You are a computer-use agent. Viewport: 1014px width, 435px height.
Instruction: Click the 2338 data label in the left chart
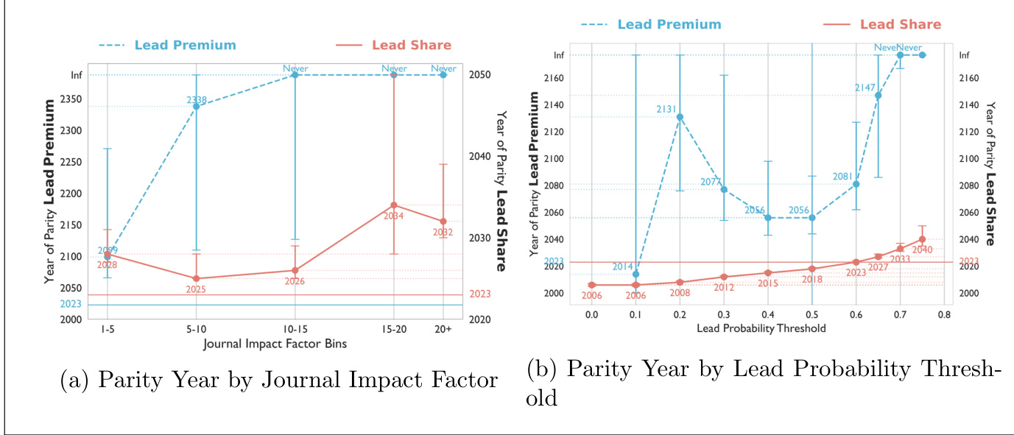coord(196,99)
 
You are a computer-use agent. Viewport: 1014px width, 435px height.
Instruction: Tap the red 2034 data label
coord(394,216)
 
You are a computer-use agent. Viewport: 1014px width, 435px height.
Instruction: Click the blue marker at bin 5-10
coord(196,106)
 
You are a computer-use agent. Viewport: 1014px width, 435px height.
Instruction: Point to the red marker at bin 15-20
coord(394,205)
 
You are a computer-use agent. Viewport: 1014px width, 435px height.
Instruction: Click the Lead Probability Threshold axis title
coord(761,328)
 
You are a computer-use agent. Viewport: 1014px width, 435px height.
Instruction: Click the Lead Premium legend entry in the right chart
coord(669,25)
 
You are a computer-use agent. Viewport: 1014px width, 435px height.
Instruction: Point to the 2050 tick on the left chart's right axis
coord(482,75)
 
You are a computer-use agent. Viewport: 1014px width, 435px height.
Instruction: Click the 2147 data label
coord(864,88)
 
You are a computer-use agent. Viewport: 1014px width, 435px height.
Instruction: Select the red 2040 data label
coord(922,250)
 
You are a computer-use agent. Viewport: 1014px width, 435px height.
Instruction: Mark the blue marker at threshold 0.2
coord(680,117)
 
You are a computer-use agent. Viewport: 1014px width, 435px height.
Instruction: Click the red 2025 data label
coord(196,289)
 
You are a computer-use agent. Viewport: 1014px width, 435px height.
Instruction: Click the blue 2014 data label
coord(623,266)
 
